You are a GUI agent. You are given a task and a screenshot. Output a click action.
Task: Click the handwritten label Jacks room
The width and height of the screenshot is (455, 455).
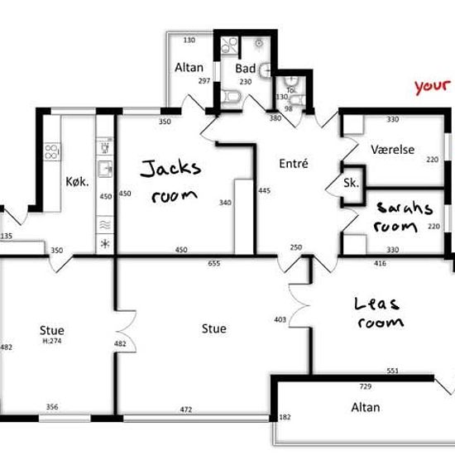coord(170,181)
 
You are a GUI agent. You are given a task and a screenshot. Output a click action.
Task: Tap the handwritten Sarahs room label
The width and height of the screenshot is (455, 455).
coord(404,218)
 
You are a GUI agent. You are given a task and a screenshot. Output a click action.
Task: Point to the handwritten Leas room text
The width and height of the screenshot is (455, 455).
coord(379,313)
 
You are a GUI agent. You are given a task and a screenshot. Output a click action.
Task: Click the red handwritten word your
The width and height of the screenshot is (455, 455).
coord(433,87)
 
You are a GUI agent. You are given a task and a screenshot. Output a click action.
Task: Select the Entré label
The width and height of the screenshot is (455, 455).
coord(294,164)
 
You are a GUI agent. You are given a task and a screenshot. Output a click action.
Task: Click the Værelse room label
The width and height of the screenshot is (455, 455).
coord(393,150)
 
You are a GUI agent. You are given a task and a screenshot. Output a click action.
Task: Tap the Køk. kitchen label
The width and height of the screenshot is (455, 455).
coord(77,182)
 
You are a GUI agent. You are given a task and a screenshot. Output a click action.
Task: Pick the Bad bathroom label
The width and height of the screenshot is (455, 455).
coord(245,69)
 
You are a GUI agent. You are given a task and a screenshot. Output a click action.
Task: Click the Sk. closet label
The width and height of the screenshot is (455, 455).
coord(351,183)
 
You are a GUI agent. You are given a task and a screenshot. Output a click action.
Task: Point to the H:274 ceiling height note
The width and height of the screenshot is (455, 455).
coord(52,341)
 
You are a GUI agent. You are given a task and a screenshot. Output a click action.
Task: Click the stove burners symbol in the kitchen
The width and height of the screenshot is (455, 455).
coord(51,151)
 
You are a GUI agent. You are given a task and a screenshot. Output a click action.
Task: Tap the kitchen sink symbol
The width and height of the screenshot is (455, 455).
coord(105,170)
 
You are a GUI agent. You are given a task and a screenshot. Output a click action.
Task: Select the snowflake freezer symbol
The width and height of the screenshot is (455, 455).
coord(105,244)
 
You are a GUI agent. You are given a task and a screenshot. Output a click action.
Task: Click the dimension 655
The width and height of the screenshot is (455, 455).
coord(214,263)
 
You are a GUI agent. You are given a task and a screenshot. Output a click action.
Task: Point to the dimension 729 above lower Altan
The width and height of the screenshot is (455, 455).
coord(366,386)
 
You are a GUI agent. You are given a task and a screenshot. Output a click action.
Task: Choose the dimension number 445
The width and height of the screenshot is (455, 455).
coord(265,190)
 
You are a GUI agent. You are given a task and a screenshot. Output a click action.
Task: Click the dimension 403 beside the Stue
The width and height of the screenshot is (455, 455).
coord(280,319)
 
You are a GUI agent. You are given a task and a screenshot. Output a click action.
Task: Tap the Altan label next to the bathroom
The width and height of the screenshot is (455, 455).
coord(189,68)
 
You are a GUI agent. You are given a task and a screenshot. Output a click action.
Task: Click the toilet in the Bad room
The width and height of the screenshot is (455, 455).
coord(232,96)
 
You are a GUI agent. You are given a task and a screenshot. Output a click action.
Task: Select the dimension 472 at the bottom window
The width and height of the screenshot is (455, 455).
coord(186,409)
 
